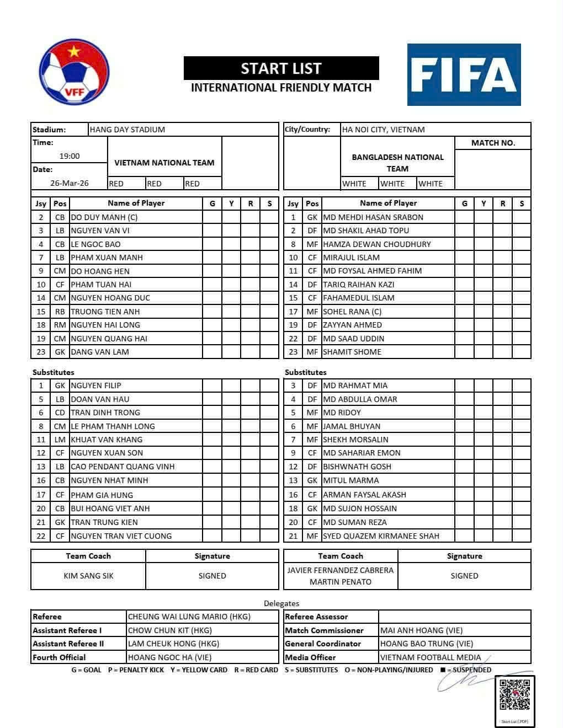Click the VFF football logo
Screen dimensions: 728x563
(74, 73)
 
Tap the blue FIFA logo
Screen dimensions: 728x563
(464, 74)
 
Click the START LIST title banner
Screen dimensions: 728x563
(281, 68)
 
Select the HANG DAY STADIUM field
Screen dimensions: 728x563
(128, 130)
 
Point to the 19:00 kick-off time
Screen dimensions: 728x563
(70, 156)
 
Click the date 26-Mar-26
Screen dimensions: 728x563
(70, 183)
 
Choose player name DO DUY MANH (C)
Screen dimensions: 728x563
(105, 217)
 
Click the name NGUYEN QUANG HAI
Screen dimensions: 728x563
(109, 339)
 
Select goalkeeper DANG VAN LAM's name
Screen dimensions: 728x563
(100, 352)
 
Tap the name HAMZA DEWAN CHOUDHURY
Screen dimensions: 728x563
(377, 244)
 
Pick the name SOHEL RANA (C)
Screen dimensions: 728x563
(352, 312)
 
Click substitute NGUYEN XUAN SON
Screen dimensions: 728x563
(107, 453)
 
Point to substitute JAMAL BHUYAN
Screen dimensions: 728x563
(352, 426)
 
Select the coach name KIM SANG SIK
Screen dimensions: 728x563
(88, 576)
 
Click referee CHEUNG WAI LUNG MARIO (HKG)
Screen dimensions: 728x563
(189, 617)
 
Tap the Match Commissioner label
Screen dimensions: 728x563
(325, 630)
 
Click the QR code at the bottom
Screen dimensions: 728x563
(514, 695)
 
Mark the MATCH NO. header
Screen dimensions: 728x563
(493, 143)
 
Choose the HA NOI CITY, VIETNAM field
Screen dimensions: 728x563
(384, 130)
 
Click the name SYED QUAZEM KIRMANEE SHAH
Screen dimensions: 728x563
(381, 536)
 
